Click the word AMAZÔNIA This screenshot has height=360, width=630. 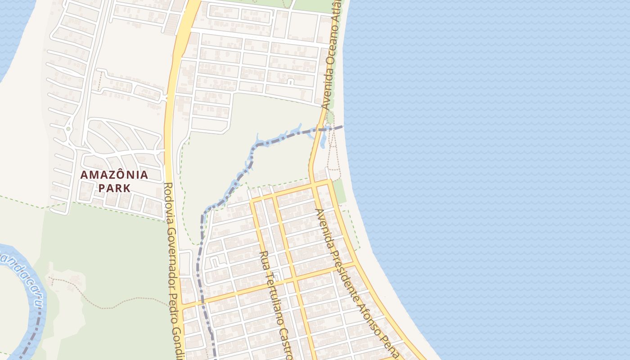(x=114, y=175)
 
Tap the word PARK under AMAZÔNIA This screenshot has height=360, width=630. (x=114, y=188)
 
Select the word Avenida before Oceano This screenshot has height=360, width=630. (x=327, y=92)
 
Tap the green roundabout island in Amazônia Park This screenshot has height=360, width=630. (x=68, y=129)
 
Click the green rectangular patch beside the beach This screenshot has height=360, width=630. (x=340, y=191)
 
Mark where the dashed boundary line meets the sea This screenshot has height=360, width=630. (x=343, y=126)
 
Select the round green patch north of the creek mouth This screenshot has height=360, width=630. (x=330, y=117)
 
